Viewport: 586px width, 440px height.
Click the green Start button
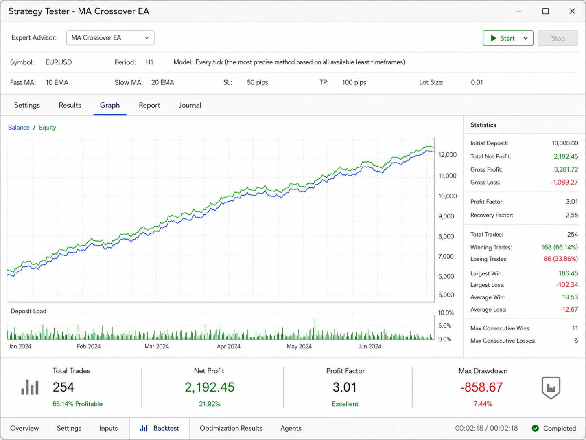coord(508,38)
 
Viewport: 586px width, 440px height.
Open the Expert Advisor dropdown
coord(110,37)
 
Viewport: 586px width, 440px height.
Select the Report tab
coord(149,105)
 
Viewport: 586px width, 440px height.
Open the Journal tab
coord(190,105)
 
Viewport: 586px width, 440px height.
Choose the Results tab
coord(70,105)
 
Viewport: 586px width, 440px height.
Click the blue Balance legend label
coord(19,128)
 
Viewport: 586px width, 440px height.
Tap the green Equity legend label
coord(48,128)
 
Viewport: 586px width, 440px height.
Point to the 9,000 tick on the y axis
coord(446,216)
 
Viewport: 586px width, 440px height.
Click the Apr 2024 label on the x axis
coord(229,346)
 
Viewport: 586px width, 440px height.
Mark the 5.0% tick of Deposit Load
coord(445,326)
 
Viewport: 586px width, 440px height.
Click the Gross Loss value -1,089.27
coord(564,183)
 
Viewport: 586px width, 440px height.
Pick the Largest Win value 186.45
coord(568,273)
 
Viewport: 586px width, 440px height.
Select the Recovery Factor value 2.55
coord(572,216)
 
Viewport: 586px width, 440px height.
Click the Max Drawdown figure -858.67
coord(481,387)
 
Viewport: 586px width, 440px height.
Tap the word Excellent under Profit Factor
coord(345,404)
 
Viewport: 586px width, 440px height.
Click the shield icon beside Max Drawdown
coord(551,388)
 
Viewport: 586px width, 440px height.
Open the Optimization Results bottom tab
coord(231,428)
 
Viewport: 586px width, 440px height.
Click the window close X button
coord(573,11)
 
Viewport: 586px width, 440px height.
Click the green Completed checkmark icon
coord(535,429)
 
